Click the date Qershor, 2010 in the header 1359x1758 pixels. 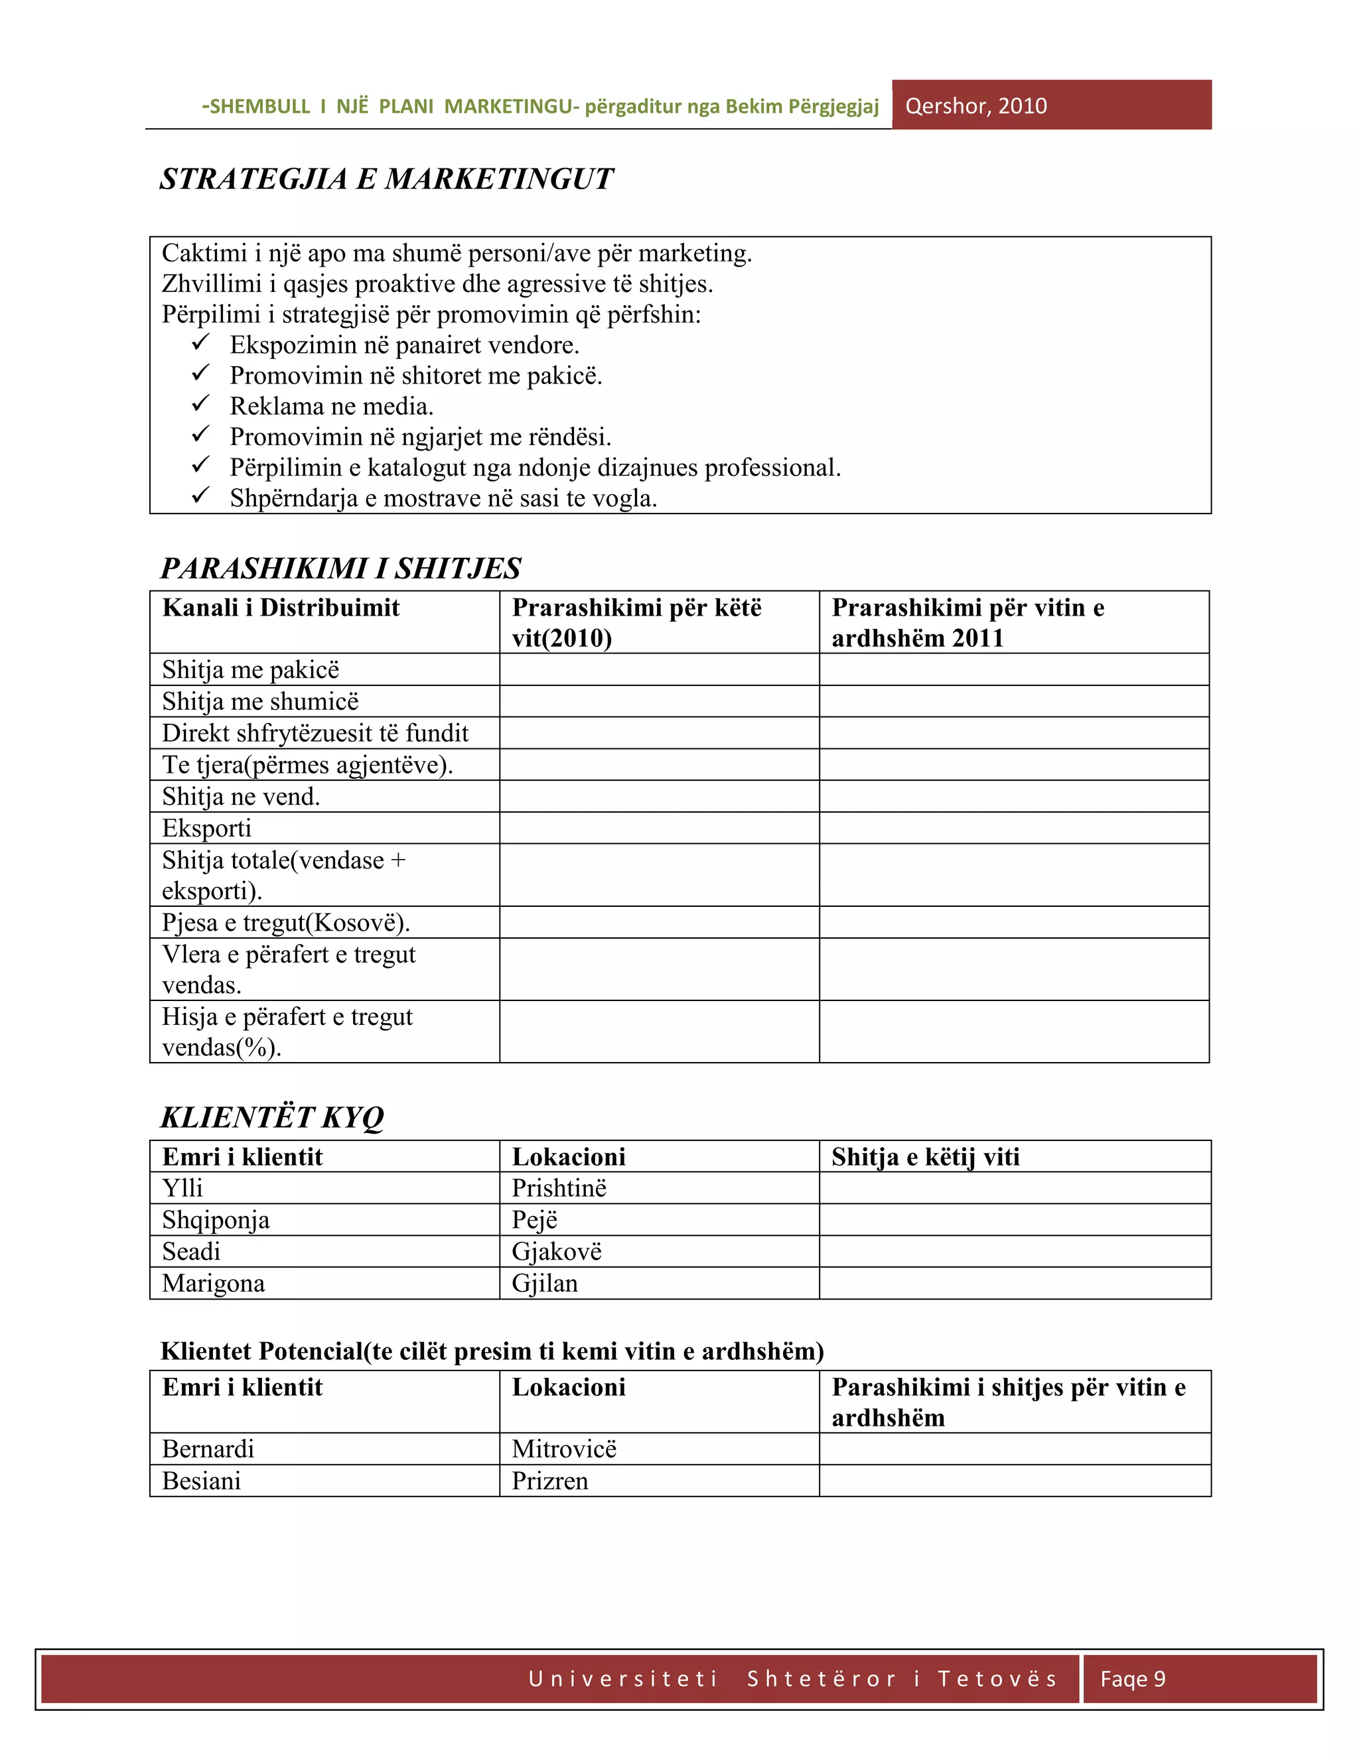point(975,106)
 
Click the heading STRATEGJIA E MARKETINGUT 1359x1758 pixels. point(386,178)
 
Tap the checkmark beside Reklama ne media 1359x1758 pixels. point(200,403)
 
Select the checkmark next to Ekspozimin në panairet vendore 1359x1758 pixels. point(200,342)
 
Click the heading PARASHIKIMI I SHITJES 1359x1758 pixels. point(340,569)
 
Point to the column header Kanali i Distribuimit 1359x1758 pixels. point(280,608)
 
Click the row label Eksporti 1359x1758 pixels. point(207,829)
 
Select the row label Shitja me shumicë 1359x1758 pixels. point(260,702)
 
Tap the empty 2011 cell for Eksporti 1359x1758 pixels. point(1014,829)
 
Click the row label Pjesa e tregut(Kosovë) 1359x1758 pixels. point(286,923)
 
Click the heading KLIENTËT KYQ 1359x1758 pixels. point(272,1117)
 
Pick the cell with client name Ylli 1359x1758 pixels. point(182,1188)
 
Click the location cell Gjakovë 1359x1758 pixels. point(556,1252)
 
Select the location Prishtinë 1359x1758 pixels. point(559,1188)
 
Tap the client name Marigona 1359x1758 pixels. point(214,1283)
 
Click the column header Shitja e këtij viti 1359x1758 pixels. point(925,1157)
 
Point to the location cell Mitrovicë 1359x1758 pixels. point(563,1449)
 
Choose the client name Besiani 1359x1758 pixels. point(201,1481)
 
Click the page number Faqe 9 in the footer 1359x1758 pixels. point(1132,1679)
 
